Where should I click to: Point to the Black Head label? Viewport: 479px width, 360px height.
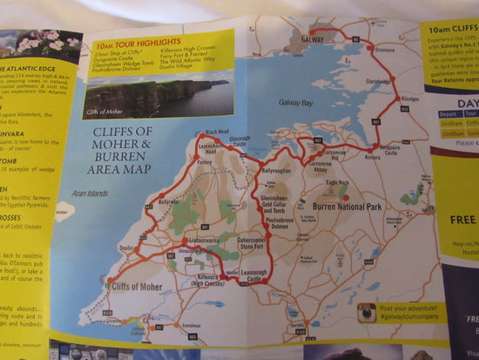(x=216, y=132)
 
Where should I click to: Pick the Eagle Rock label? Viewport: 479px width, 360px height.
(x=336, y=183)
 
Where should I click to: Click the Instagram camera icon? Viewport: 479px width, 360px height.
(x=367, y=312)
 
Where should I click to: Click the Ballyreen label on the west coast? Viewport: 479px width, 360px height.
(x=167, y=201)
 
